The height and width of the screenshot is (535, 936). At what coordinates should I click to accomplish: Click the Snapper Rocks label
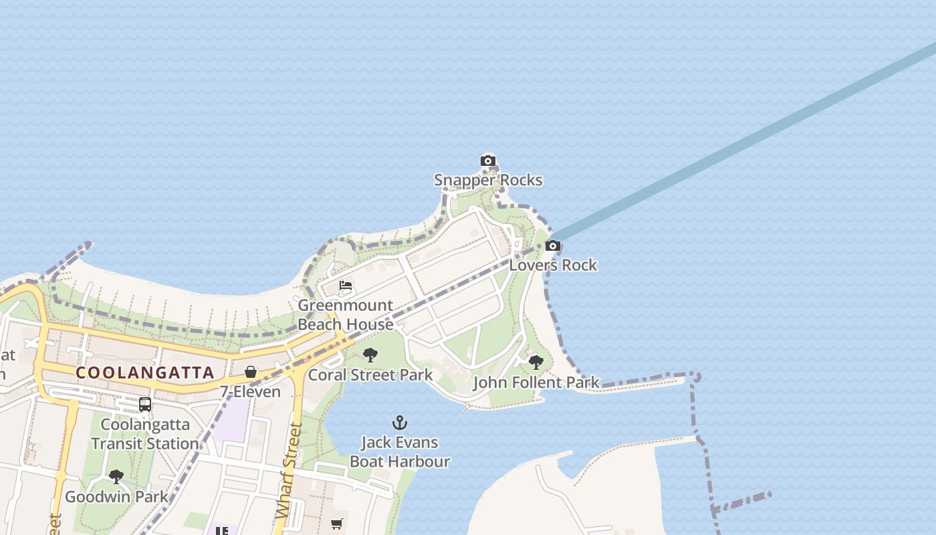(488, 180)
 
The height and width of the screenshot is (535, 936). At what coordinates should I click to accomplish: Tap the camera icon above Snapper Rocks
(488, 160)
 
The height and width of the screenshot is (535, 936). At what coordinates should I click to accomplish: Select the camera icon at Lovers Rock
(552, 245)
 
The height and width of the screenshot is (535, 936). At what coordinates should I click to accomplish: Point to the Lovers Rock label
(553, 265)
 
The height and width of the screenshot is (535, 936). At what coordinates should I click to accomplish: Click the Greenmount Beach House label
(345, 315)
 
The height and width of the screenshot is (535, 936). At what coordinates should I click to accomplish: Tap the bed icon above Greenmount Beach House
(346, 286)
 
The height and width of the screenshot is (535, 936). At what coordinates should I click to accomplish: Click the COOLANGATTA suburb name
(145, 372)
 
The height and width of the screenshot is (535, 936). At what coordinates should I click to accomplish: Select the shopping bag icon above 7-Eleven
(251, 372)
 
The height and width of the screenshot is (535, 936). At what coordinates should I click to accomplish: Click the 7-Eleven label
(251, 391)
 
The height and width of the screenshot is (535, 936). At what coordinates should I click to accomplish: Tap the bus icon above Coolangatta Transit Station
(144, 405)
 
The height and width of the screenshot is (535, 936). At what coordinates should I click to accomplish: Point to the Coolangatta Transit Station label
(145, 433)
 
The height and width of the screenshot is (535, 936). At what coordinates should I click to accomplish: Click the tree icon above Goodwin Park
(116, 477)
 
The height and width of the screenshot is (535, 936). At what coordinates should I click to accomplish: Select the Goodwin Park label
(116, 497)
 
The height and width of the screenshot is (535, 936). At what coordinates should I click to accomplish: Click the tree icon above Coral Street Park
(370, 355)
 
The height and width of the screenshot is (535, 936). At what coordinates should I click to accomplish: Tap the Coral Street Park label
(370, 374)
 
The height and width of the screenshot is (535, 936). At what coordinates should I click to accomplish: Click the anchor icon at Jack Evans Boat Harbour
(400, 423)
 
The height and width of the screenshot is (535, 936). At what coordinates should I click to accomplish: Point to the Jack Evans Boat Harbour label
(400, 451)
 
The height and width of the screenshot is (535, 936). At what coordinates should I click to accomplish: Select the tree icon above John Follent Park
(536, 362)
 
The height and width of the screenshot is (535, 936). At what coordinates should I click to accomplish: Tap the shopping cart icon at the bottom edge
(337, 524)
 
